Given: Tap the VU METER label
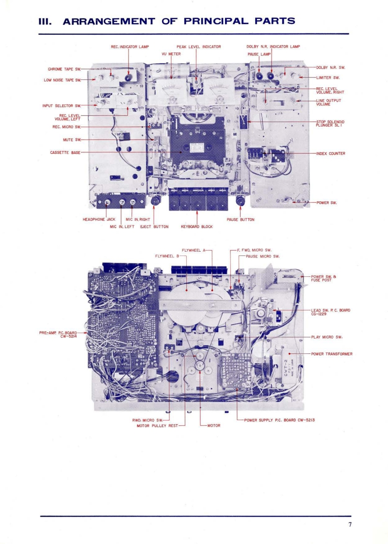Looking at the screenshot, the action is pyautogui.click(x=171, y=54).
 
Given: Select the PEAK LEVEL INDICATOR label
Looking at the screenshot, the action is pyautogui.click(x=198, y=47).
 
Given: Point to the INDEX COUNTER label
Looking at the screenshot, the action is pyautogui.click(x=330, y=154).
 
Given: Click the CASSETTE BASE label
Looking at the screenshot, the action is pyautogui.click(x=65, y=152).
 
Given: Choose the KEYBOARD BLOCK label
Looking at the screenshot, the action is pyautogui.click(x=196, y=226).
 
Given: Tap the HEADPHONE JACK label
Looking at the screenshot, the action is pyautogui.click(x=99, y=219).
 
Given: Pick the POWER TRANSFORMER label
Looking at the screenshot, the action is pyautogui.click(x=332, y=354).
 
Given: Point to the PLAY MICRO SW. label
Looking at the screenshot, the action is pyautogui.click(x=327, y=336).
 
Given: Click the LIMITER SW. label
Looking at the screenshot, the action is pyautogui.click(x=328, y=78).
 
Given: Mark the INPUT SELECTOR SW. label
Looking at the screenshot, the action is pyautogui.click(x=61, y=105).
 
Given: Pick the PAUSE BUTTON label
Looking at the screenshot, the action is pyautogui.click(x=241, y=220).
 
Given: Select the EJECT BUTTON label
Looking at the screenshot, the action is pyautogui.click(x=154, y=226).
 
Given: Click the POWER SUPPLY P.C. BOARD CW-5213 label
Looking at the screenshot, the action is pyautogui.click(x=279, y=420).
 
